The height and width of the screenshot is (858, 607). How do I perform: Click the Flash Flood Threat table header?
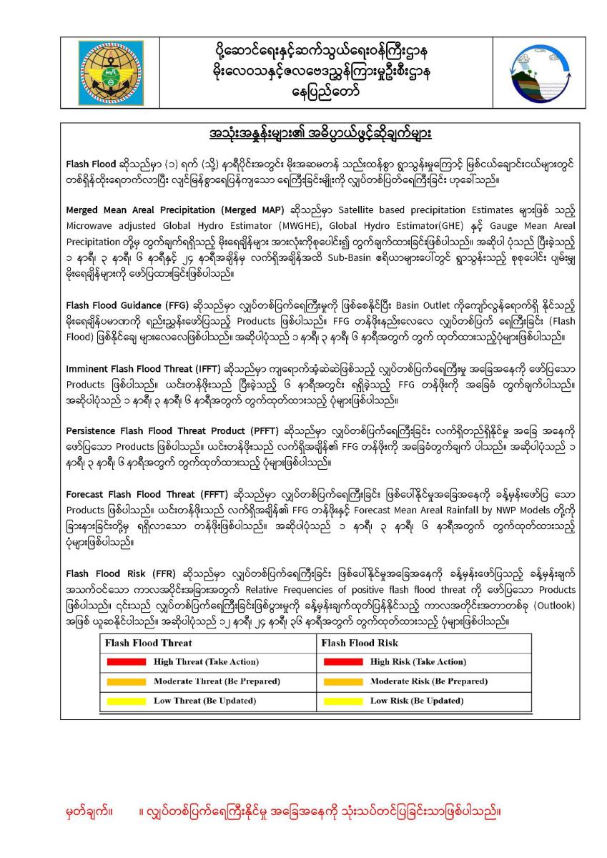148,643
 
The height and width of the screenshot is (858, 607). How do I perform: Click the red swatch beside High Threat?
126,662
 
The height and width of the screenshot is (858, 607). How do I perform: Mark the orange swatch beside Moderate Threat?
126,681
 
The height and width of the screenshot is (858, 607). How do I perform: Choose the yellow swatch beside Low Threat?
126,701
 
